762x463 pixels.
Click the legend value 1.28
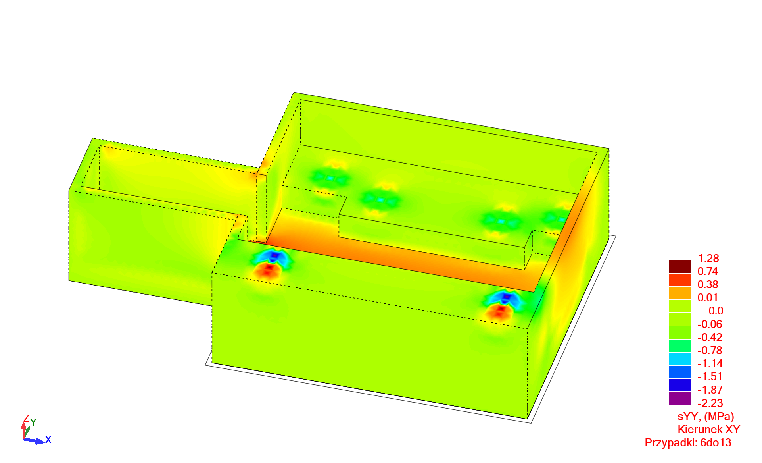[x=708, y=259]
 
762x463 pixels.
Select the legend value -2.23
[x=710, y=403]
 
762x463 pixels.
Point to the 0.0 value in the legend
[x=716, y=311]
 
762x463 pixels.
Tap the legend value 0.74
[x=708, y=272]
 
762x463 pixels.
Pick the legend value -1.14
[x=710, y=364]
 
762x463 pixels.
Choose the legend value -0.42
[x=710, y=338]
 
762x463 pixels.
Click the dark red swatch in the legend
[x=680, y=266]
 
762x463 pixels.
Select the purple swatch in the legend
[x=680, y=398]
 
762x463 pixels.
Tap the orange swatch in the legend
[x=680, y=293]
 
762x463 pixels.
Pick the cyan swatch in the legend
[x=680, y=359]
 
